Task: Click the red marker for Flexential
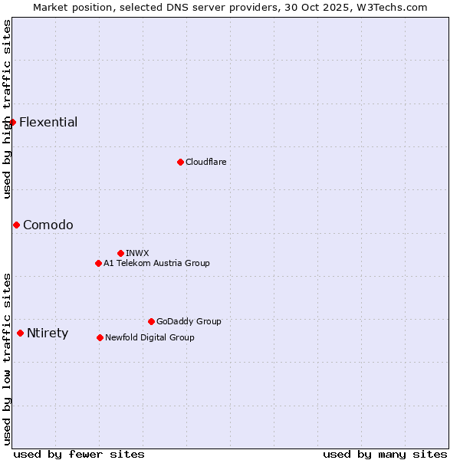(x=12, y=122)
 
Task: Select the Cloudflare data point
(x=180, y=162)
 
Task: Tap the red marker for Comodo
(x=16, y=225)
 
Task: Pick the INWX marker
(x=120, y=253)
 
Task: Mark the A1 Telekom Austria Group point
(x=98, y=263)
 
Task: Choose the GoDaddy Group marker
(x=151, y=321)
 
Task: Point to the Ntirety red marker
(x=20, y=333)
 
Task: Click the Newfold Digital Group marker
(x=100, y=337)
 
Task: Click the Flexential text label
(x=48, y=123)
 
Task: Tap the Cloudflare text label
(x=205, y=162)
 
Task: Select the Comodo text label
(x=48, y=225)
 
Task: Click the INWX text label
(x=137, y=253)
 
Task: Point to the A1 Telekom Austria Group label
(x=156, y=263)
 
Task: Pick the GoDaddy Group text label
(x=189, y=321)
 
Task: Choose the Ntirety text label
(x=48, y=333)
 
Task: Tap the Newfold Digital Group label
(x=149, y=337)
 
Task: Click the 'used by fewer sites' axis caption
(x=79, y=454)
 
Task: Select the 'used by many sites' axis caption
(x=385, y=454)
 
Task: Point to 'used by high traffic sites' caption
(x=7, y=109)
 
